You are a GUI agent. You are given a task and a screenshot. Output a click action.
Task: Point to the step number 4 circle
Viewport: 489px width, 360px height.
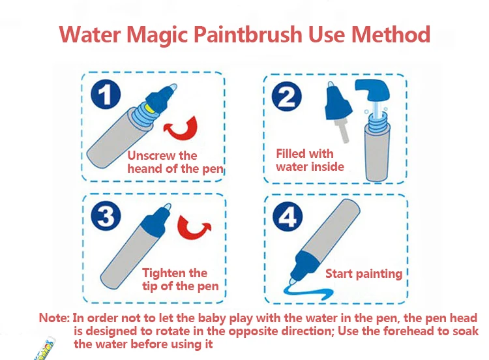click(x=287, y=218)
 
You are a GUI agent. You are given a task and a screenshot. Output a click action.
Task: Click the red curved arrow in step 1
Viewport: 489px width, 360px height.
click(x=183, y=128)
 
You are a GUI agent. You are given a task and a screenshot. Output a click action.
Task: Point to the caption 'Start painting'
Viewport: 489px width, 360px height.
click(x=364, y=273)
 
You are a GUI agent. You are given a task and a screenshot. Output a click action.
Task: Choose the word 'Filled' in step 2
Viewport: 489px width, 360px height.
click(x=295, y=154)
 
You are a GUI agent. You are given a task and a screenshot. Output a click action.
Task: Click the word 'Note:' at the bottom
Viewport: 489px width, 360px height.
click(x=53, y=318)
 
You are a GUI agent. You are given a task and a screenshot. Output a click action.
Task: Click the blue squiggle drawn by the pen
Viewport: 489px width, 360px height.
click(x=313, y=289)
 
